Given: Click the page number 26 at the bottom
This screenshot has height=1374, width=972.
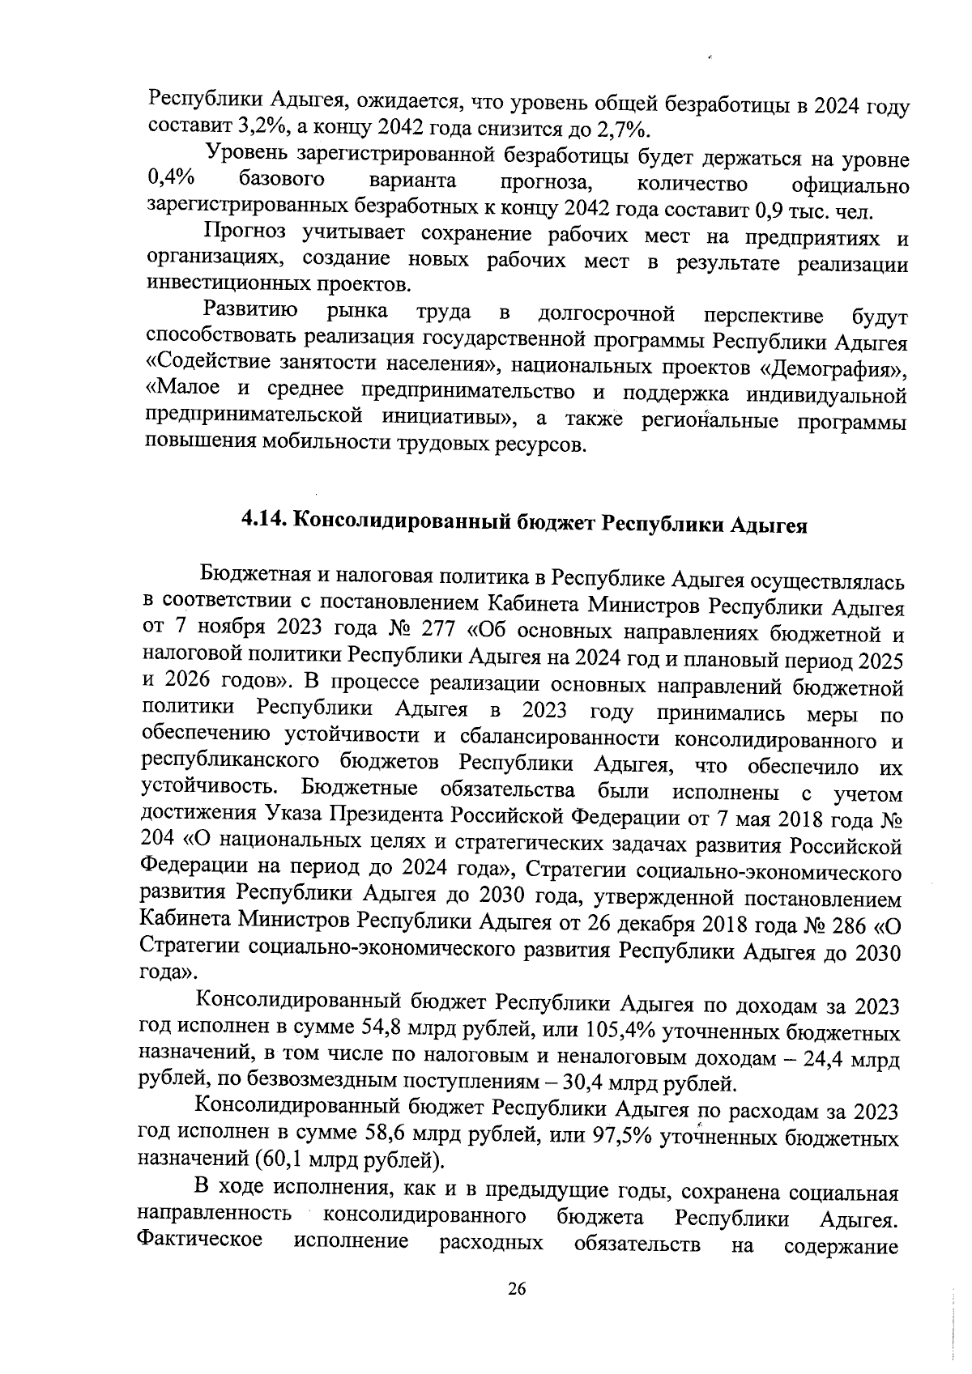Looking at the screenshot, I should [x=517, y=1312].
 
